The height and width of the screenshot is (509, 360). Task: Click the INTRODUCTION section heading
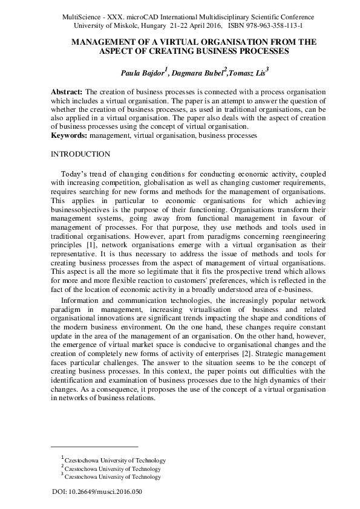(x=80, y=154)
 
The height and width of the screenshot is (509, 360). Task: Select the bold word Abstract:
(x=67, y=90)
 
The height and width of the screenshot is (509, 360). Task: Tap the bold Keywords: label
(x=69, y=136)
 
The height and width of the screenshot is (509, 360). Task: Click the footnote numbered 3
(x=112, y=477)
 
